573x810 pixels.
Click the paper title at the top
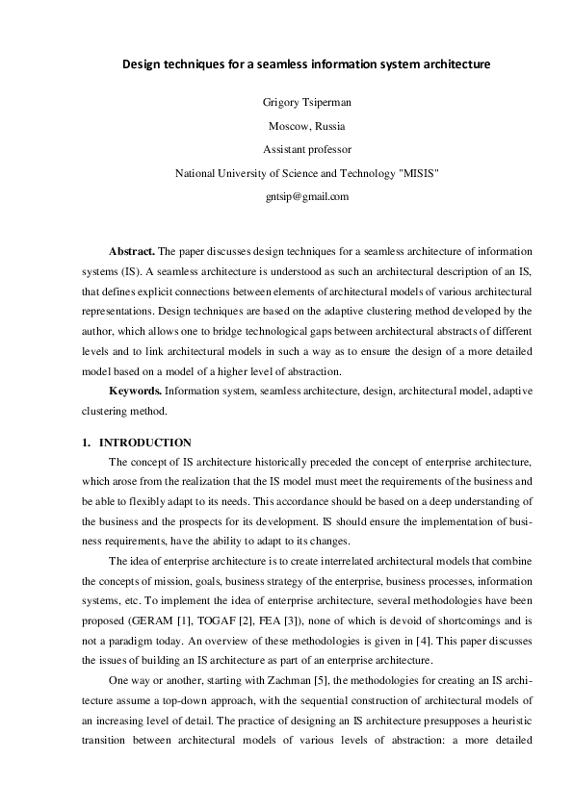click(305, 64)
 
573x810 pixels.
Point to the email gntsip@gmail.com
click(306, 196)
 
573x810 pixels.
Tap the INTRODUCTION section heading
click(145, 443)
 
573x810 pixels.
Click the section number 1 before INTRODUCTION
click(85, 443)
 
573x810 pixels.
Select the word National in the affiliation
click(195, 173)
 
